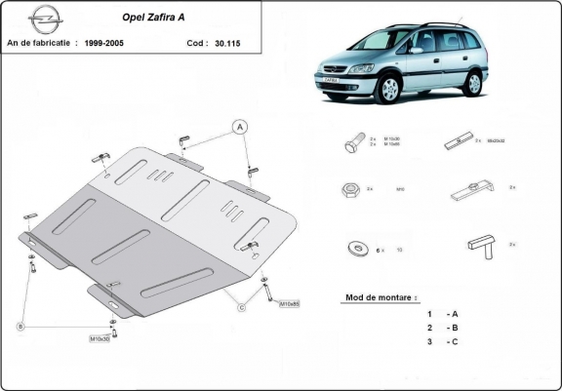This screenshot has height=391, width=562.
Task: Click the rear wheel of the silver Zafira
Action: (x=474, y=83)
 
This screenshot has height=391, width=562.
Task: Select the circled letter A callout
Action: (x=237, y=125)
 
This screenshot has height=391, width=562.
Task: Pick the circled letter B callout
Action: (x=19, y=326)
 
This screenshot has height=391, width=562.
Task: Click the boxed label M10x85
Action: (x=290, y=303)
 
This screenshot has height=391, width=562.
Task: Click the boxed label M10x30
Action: (x=100, y=338)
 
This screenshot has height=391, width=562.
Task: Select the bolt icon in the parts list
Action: (x=354, y=143)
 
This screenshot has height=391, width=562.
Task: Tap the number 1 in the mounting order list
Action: (x=428, y=313)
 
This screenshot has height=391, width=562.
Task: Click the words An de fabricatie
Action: (x=40, y=44)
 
